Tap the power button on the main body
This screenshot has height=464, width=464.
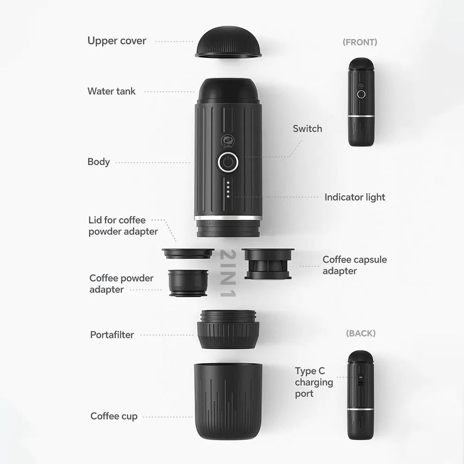[x=228, y=162]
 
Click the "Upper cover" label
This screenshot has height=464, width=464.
[x=116, y=41]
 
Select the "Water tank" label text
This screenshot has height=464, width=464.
[x=112, y=91]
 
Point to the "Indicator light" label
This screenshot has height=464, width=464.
[x=355, y=197]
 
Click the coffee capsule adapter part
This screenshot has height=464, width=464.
[x=268, y=263]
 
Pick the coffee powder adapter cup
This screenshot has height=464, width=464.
[x=188, y=283]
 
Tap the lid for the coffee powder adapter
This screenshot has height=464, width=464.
[x=188, y=254]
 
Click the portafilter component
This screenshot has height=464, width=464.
[x=228, y=329]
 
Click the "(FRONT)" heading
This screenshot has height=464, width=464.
[x=360, y=42]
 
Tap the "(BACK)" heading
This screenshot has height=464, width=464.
[x=361, y=333]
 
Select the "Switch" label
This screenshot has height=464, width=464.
[x=307, y=129]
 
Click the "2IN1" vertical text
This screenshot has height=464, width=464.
[x=228, y=273]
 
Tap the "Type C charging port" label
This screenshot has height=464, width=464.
[x=314, y=382]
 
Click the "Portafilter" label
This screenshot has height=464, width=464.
[x=112, y=334]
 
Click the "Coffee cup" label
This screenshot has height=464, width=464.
[x=114, y=416]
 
